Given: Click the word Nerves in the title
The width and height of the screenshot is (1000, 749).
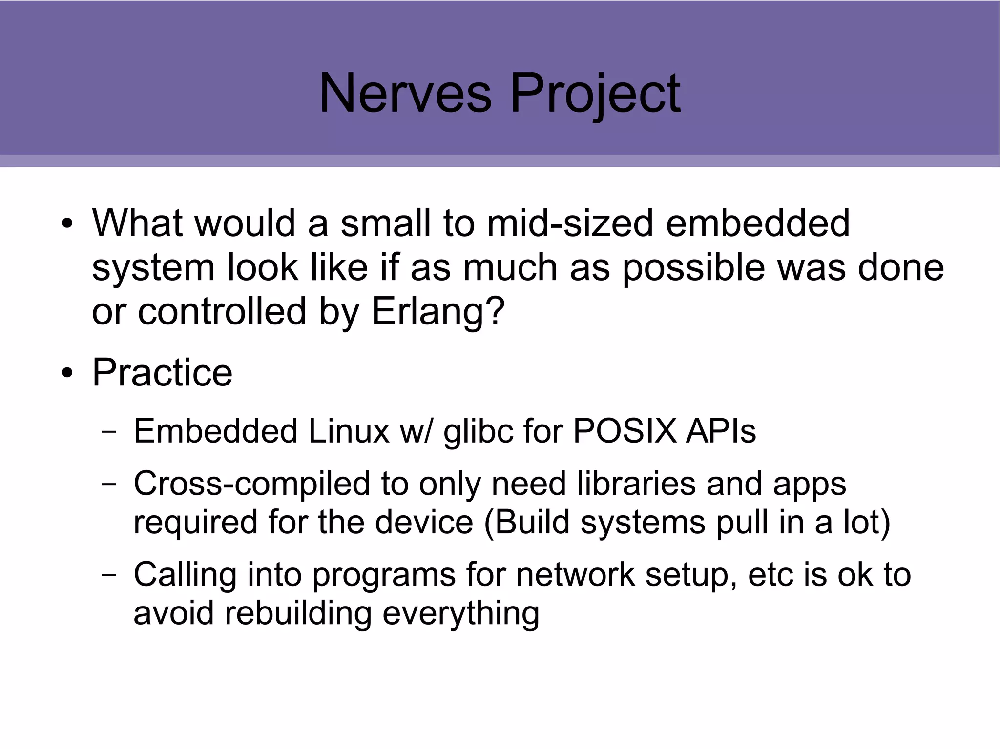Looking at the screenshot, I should pyautogui.click(x=405, y=93).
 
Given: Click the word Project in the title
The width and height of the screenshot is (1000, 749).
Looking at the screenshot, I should pyautogui.click(x=595, y=94).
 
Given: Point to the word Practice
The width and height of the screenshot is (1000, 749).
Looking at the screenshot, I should pyautogui.click(x=162, y=373).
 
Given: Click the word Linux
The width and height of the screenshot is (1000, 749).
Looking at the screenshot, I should pyautogui.click(x=349, y=431).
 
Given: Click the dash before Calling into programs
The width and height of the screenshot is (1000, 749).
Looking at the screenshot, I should pyautogui.click(x=109, y=575).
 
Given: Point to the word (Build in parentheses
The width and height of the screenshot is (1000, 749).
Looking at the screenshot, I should pyautogui.click(x=527, y=523).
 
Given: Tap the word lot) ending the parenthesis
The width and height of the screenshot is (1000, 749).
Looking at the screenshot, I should pyautogui.click(x=867, y=522).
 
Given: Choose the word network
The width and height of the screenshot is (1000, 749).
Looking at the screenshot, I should pyautogui.click(x=575, y=575).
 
